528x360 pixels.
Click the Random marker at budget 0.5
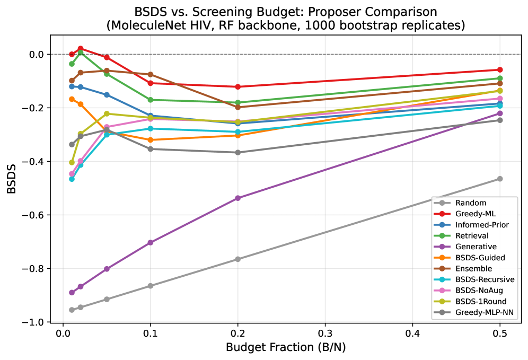500,179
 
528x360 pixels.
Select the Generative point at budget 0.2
237,198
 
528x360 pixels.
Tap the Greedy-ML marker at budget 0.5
500,69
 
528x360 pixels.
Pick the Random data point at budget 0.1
150,286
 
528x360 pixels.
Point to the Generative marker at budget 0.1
150,242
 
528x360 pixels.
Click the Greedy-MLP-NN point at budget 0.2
237,152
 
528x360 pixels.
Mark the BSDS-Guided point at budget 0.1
150,140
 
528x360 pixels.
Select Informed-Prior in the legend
482,224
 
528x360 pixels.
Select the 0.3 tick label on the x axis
325,334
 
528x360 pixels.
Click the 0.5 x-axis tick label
500,334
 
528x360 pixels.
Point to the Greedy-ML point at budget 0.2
237,86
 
